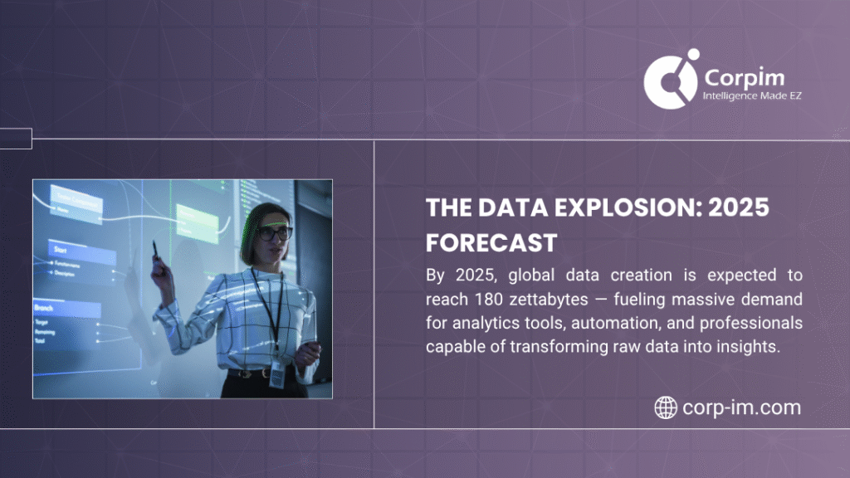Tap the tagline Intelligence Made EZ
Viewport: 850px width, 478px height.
(751, 96)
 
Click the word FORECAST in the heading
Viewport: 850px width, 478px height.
(491, 242)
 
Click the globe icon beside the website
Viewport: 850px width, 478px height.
(666, 407)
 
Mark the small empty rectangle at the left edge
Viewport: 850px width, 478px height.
(16, 139)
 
